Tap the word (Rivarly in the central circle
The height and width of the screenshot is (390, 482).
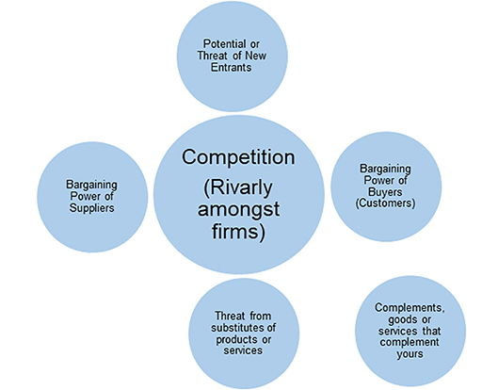219,187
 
